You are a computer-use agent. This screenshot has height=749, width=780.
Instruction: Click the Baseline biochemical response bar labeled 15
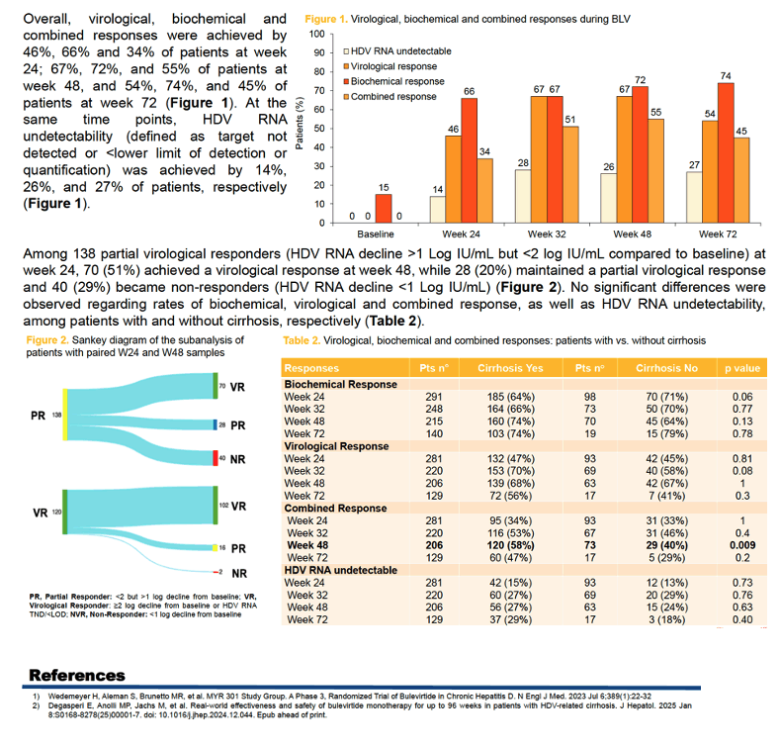pos(384,209)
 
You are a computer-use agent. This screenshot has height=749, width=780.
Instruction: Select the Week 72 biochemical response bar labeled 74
pos(726,153)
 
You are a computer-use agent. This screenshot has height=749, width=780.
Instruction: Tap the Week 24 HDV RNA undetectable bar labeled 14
pos(438,209)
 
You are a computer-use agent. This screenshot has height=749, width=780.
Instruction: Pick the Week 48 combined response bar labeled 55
pos(656,171)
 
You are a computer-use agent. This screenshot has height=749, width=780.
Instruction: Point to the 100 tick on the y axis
pos(317,34)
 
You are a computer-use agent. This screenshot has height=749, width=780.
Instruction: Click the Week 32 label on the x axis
pos(547,234)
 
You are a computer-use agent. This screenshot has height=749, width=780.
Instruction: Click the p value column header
pos(742,368)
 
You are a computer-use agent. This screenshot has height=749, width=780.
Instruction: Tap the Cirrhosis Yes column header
pos(510,368)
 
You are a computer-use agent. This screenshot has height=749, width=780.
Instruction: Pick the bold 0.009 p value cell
pos(742,545)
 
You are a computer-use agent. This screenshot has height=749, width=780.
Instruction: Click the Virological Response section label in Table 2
pos(336,446)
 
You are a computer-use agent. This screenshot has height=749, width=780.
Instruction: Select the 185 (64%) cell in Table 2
pos(511,397)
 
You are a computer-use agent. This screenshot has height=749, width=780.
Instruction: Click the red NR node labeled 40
pos(216,458)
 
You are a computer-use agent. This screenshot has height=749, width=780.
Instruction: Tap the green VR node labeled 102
pos(216,506)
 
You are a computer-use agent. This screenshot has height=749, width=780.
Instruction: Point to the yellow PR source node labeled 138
pos(65,415)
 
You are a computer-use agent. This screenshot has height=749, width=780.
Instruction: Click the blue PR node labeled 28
pos(216,424)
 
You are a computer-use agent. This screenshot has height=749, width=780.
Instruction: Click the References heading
pos(77,676)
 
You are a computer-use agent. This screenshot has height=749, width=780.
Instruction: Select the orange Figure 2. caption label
pos(47,340)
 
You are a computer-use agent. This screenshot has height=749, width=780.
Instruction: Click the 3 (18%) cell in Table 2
pos(666,619)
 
